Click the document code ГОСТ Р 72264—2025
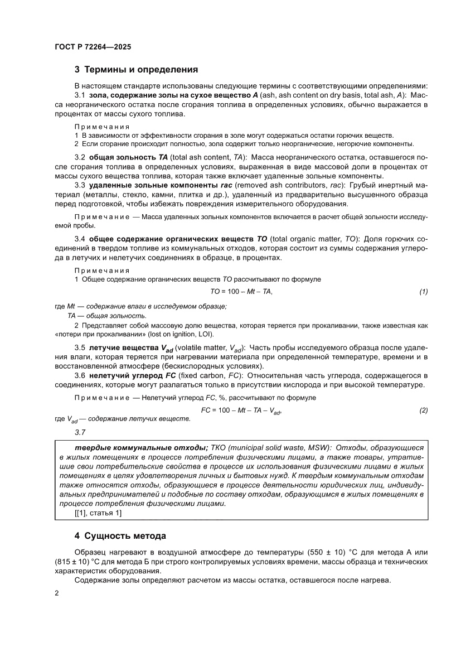93,47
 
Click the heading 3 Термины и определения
137,70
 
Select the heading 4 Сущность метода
120,536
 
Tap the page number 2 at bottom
57,593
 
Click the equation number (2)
423,410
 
